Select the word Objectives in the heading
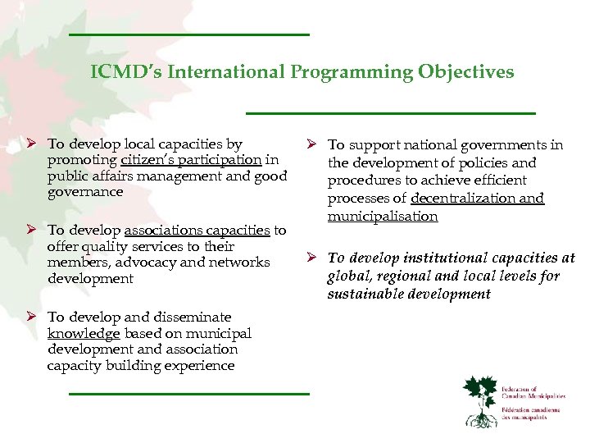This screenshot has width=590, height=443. tap(466, 72)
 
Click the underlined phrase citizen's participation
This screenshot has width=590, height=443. tap(191, 160)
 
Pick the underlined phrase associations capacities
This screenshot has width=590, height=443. tap(196, 231)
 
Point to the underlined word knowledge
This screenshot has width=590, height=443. tap(84, 333)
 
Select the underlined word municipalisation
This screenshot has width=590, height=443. tap(383, 217)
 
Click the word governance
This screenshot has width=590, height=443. tap(85, 192)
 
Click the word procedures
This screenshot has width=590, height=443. tap(366, 180)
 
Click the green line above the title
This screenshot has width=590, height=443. tap(188, 34)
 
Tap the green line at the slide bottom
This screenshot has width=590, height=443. tap(188, 394)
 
